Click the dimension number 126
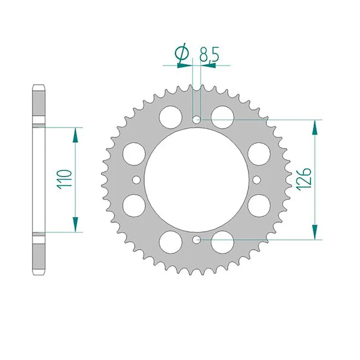click(x=303, y=179)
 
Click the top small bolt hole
click(x=196, y=120)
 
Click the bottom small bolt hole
click(x=196, y=240)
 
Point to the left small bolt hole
click(x=136, y=180)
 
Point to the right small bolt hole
click(x=256, y=180)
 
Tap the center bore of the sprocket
click(x=196, y=180)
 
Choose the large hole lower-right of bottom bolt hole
click(x=222, y=243)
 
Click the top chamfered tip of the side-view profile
click(x=38, y=86)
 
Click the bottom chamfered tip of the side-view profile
click(x=38, y=274)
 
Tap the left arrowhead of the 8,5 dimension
click(x=184, y=65)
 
